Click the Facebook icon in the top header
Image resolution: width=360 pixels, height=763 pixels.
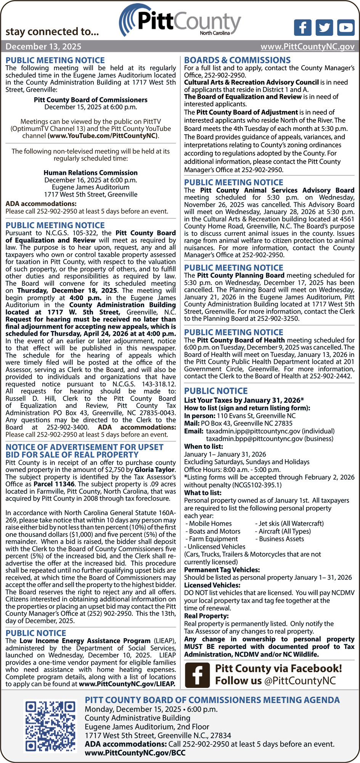coord(302,28)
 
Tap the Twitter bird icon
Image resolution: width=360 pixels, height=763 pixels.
coord(324,28)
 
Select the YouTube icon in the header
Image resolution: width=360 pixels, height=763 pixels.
coord(346,28)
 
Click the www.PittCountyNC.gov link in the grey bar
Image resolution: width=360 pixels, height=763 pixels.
coord(307,47)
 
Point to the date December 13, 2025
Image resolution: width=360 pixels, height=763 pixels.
coord(43,47)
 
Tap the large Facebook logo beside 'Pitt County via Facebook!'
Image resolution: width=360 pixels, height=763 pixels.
coord(197,675)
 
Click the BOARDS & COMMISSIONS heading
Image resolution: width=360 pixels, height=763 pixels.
coord(237,60)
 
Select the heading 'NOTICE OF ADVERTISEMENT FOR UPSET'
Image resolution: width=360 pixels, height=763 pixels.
coord(84,447)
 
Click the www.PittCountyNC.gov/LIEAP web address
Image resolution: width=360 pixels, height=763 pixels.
coord(127,684)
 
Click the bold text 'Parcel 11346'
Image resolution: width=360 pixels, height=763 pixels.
coord(53,484)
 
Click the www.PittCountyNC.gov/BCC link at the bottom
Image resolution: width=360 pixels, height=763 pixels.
coord(135,753)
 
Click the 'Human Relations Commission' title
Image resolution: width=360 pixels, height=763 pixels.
coord(90,173)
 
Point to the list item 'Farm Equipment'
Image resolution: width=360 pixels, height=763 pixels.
coord(213,539)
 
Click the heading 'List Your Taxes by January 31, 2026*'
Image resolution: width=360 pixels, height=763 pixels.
coord(244,400)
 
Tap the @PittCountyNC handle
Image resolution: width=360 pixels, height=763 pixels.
coord(300,681)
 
